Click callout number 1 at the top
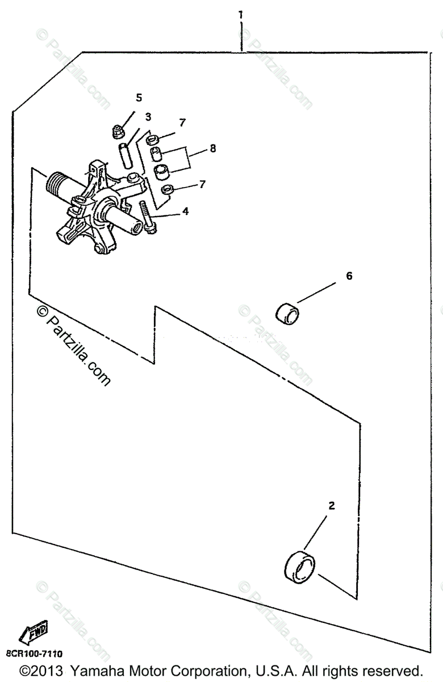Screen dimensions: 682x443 [241, 14]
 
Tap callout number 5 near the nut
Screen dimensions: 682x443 [139, 97]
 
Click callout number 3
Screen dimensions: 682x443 [148, 117]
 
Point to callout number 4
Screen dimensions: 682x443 [185, 211]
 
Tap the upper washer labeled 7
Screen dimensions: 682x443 [152, 139]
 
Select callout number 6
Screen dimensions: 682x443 [349, 276]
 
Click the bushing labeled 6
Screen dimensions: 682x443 [289, 312]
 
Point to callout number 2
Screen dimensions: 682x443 [332, 505]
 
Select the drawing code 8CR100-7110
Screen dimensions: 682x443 [34, 654]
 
